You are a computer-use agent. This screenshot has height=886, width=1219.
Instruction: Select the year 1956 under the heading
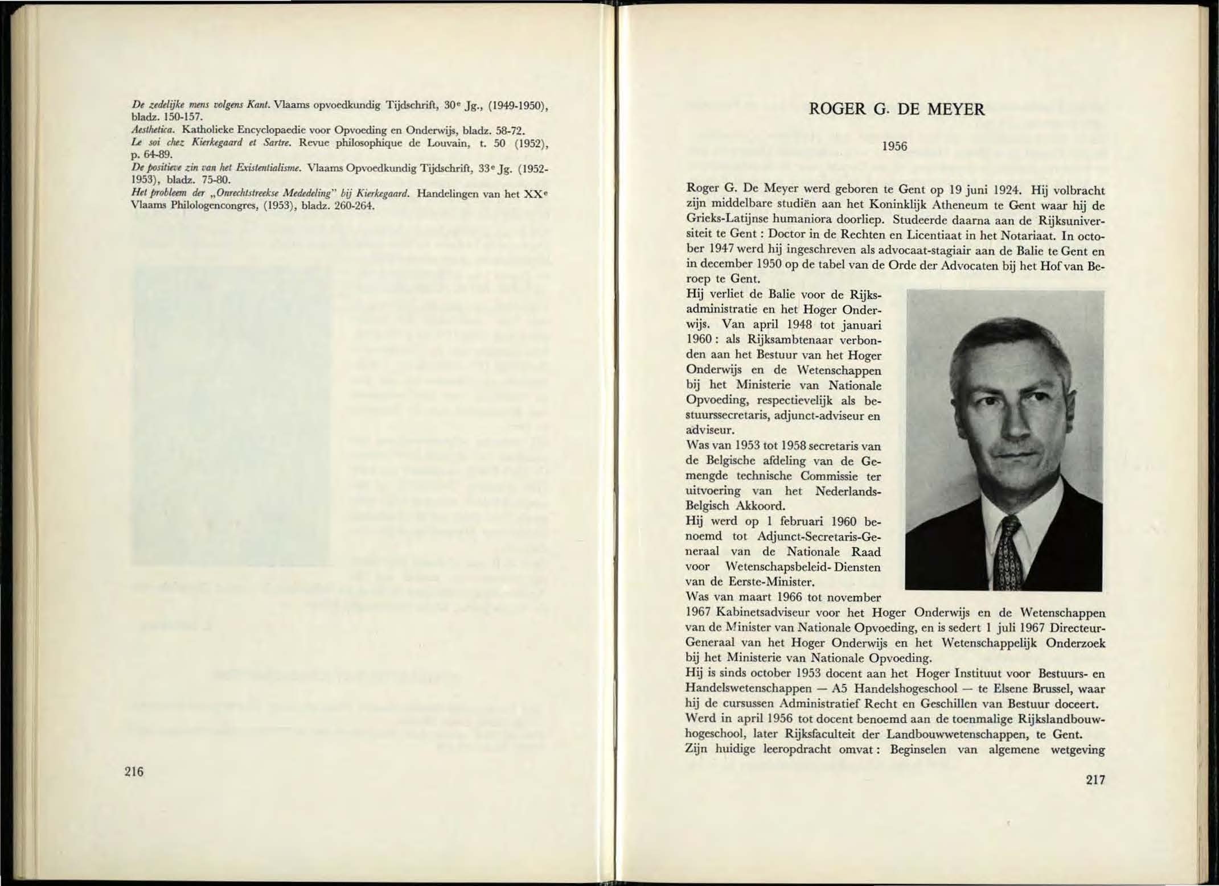point(894,146)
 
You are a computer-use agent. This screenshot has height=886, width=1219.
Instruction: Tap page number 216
point(134,772)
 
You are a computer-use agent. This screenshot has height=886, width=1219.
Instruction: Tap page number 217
point(1095,780)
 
